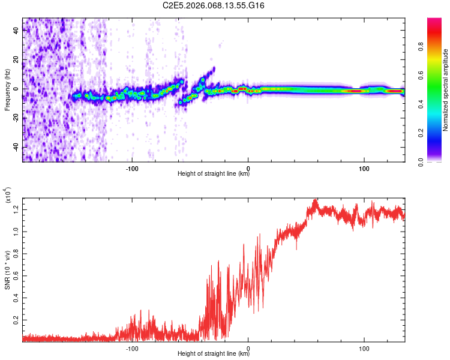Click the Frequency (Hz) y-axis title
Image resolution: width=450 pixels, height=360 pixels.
(7, 89)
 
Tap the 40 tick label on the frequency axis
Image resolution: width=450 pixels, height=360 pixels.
(16, 31)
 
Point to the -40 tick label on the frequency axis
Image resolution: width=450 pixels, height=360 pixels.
(14, 147)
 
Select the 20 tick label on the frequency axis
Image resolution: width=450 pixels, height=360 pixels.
(16, 59)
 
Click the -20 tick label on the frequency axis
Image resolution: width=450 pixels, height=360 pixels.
(14, 118)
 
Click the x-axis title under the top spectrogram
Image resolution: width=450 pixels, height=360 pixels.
(214, 174)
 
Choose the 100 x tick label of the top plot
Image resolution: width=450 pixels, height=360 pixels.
(364, 167)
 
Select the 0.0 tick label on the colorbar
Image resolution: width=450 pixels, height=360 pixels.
(439, 161)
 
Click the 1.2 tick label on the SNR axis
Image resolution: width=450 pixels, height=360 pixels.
(16, 209)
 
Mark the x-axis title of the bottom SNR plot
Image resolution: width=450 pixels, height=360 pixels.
(214, 354)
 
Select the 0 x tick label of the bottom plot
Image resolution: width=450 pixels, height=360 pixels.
(248, 347)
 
